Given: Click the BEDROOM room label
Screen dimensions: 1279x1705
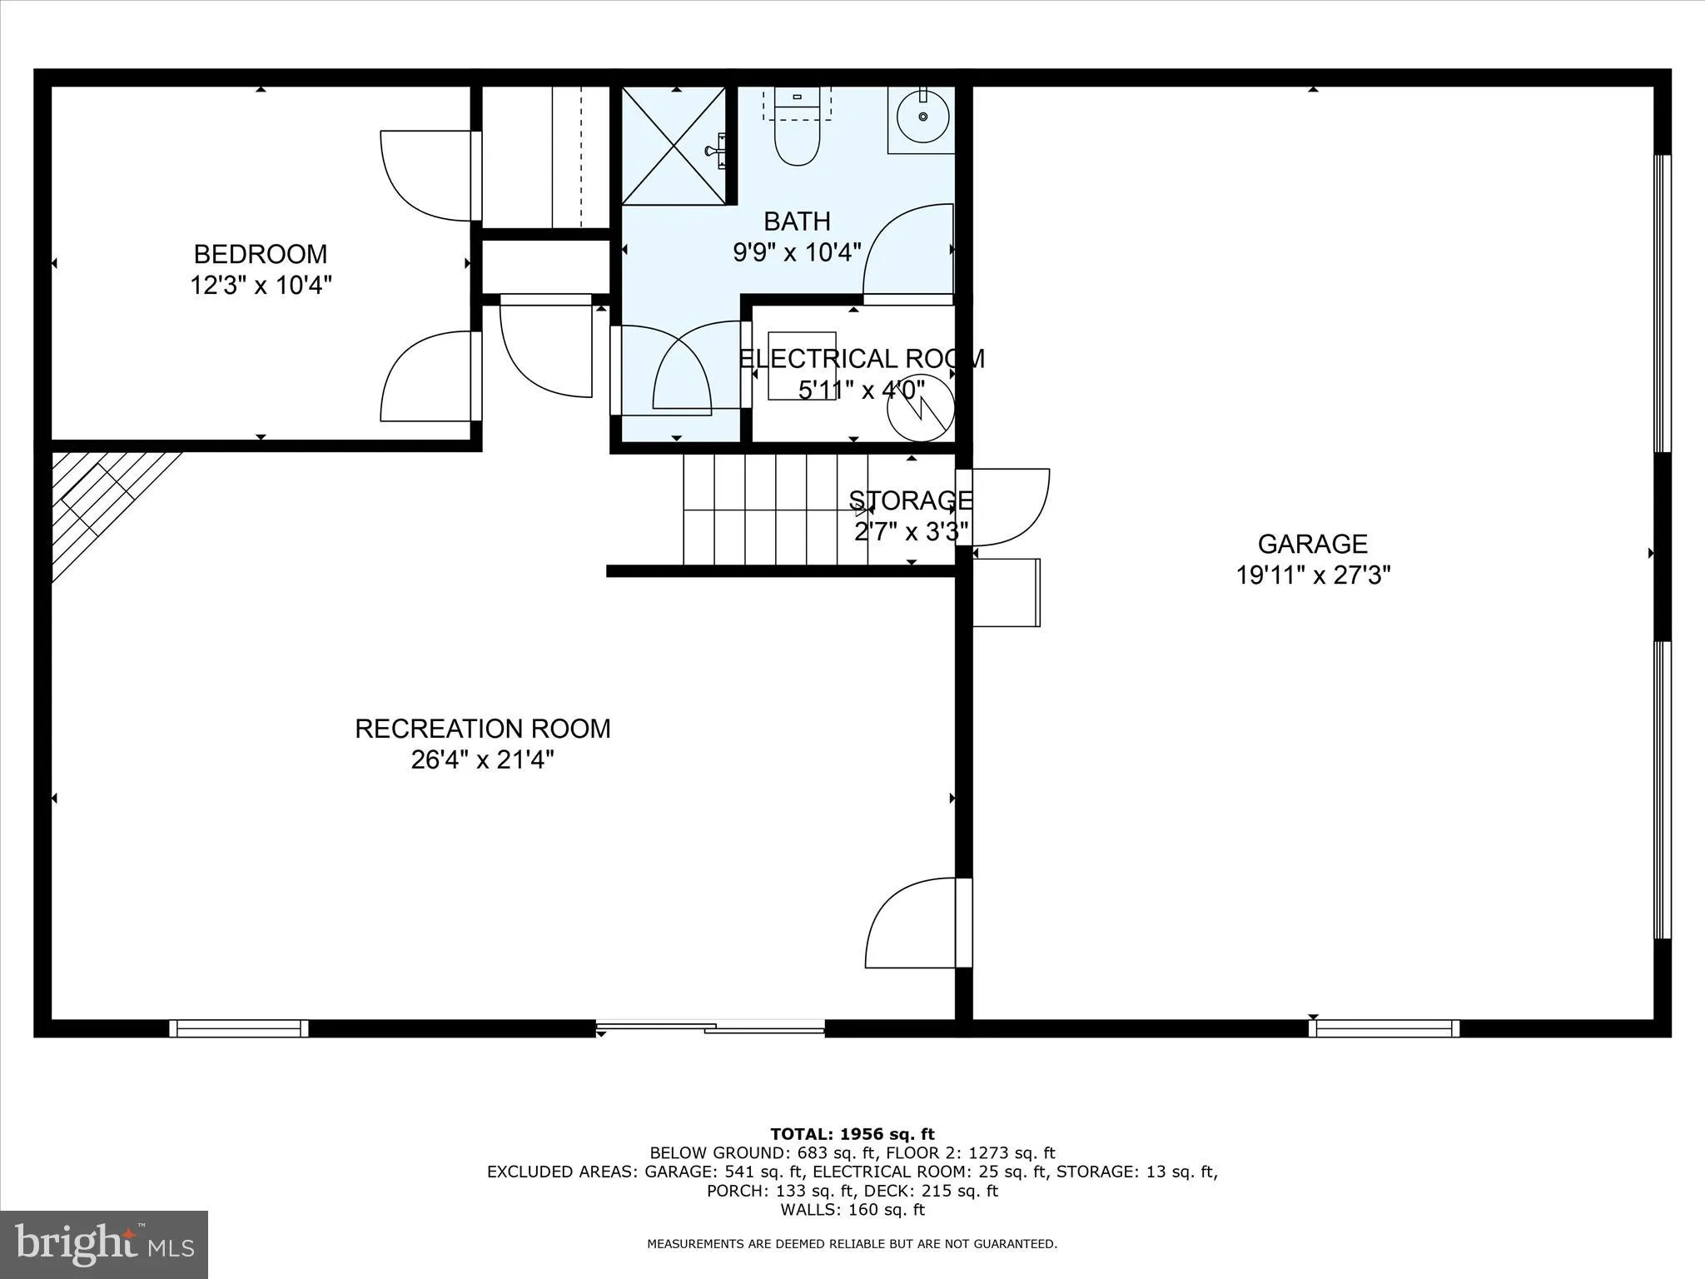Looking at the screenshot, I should (x=261, y=254).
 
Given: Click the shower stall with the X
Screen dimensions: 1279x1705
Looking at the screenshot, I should (x=674, y=146).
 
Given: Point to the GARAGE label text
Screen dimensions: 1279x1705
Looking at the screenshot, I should (x=1312, y=544).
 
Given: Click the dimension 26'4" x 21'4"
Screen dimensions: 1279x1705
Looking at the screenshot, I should (x=482, y=760).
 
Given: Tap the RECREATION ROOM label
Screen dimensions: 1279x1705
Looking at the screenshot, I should (x=482, y=729).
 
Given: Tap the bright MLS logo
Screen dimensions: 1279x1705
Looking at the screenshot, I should (x=104, y=1245).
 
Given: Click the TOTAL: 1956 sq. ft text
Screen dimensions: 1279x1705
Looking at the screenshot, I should (x=852, y=1134).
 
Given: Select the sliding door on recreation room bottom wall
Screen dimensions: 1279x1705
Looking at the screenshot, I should (x=710, y=1028).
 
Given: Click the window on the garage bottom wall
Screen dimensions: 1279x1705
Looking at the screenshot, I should (x=1384, y=1028).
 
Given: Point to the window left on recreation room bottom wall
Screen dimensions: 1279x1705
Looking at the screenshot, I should (x=239, y=1028).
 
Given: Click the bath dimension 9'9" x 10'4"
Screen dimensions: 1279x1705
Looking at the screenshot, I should (x=797, y=252).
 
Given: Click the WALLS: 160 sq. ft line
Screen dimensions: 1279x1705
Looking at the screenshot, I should (x=852, y=1210).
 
